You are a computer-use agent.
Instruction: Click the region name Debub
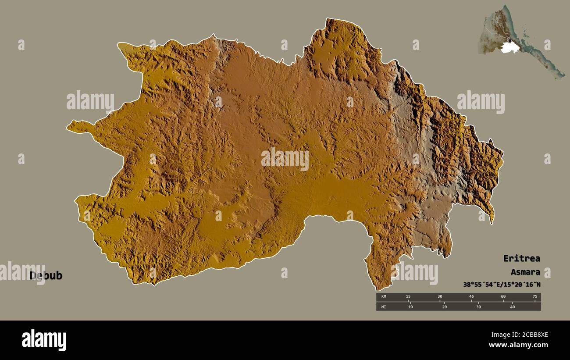coord(46,276)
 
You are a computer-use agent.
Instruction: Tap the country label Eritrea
coord(521,258)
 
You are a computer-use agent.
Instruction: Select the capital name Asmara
coord(525,272)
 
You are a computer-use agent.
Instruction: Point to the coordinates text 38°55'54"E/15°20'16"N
coord(502,285)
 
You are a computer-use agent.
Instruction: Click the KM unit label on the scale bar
coord(383,297)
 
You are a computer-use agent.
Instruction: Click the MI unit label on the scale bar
coord(383,307)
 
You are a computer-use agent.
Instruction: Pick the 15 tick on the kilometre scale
coord(408,297)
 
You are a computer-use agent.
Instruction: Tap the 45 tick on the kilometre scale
coord(471,297)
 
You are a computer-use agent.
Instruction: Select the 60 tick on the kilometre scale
coord(503,297)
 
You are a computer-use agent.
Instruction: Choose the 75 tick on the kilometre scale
coord(534,297)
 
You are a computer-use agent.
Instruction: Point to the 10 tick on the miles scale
coord(410,307)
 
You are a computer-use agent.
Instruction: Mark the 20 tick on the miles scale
coord(444,307)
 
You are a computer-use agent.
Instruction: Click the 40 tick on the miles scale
coord(512,307)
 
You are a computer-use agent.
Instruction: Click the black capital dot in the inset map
coord(509,41)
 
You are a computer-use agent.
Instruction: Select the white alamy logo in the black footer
coord(44,340)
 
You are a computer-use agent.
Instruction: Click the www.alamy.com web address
coord(518,346)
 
